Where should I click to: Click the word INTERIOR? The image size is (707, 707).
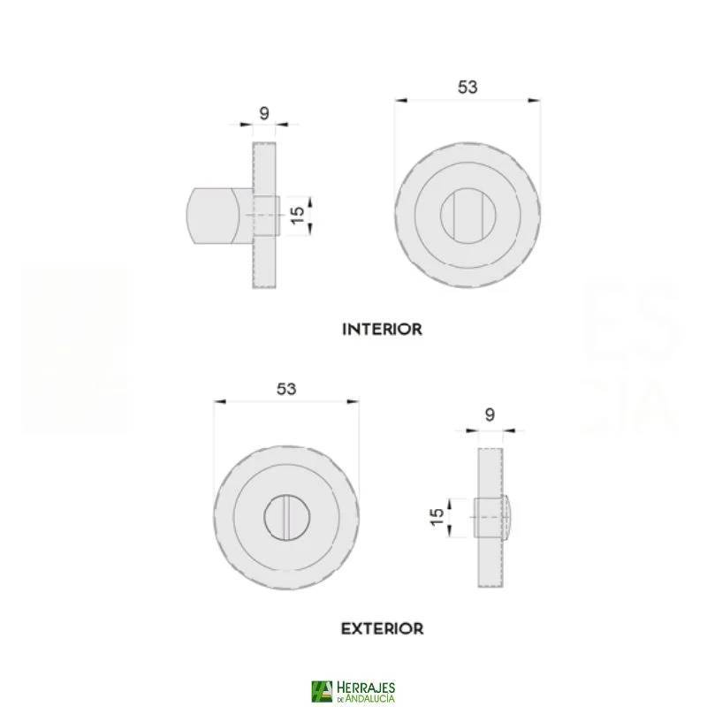click(x=382, y=329)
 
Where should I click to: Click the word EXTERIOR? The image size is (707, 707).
click(x=382, y=629)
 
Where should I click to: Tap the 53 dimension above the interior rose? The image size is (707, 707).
click(x=468, y=87)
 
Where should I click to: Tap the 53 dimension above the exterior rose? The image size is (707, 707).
click(x=285, y=388)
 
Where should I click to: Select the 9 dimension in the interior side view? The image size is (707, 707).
click(x=264, y=112)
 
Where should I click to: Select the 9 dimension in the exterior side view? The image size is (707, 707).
click(x=490, y=414)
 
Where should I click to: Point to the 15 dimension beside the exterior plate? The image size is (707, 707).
click(x=437, y=517)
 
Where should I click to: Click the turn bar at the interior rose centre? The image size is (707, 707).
click(x=467, y=216)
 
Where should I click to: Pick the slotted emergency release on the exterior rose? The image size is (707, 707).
click(x=285, y=516)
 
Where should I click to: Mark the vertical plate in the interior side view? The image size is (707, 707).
click(x=264, y=256)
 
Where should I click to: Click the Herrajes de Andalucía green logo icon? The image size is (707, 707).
click(x=322, y=691)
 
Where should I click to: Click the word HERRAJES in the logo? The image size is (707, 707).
click(x=366, y=687)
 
